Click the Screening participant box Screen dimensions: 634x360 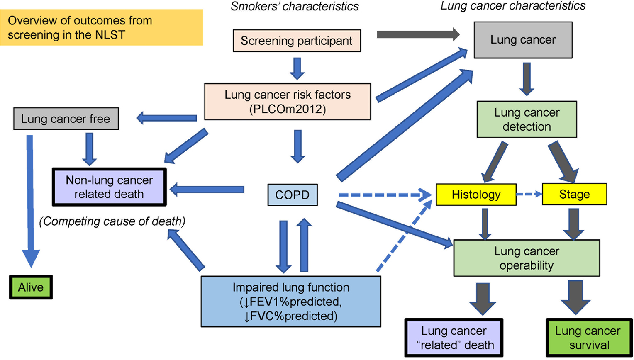[297, 41]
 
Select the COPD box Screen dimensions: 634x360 [293, 195]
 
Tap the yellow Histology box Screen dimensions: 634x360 [476, 195]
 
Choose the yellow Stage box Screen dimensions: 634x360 [575, 194]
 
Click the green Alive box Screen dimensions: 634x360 [31, 287]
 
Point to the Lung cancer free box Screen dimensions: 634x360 [66, 119]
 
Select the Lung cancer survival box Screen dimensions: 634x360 [590, 338]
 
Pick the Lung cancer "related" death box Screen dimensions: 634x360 [454, 338]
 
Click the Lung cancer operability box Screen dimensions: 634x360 [527, 258]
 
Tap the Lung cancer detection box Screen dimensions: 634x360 [527, 119]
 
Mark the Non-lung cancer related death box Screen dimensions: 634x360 [109, 187]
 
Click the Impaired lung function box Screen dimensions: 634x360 [291, 302]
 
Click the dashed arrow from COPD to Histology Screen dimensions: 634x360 [385, 195]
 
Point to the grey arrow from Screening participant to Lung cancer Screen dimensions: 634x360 [418, 34]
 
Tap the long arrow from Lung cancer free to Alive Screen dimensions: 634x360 [30, 201]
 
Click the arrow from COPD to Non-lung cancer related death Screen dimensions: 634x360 [207, 190]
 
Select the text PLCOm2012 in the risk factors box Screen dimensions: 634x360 [288, 109]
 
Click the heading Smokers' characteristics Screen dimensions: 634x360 [295, 6]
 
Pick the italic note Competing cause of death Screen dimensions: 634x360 [112, 221]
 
